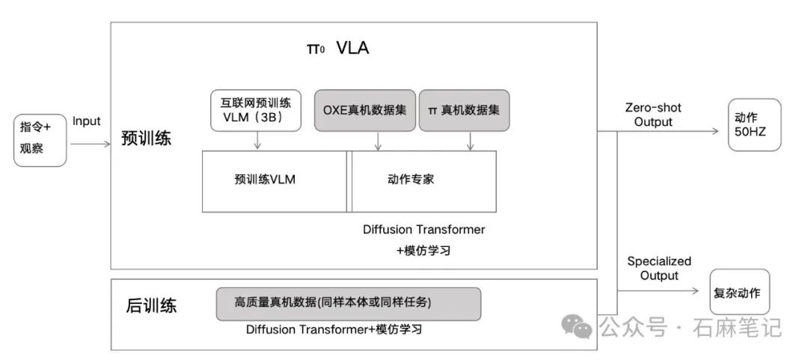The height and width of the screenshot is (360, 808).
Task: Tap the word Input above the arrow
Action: tap(87, 120)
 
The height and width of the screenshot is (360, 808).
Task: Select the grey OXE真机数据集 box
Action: tap(364, 110)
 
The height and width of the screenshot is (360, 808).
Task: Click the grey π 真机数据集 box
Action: tap(464, 110)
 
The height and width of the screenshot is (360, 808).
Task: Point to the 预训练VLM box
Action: tap(274, 180)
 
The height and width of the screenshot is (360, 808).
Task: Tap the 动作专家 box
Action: tap(423, 180)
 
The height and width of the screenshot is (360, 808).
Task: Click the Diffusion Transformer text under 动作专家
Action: tap(423, 229)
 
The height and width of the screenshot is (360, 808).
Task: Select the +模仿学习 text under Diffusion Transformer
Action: tap(423, 251)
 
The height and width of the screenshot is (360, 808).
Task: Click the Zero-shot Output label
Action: tap(653, 115)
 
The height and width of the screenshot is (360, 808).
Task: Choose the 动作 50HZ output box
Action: tap(754, 126)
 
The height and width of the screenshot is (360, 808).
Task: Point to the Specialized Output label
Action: tap(659, 268)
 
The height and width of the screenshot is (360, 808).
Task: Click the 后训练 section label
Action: tap(152, 305)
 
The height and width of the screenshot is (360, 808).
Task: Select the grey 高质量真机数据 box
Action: tap(348, 303)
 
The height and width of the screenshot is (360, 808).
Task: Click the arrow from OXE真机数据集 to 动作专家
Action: tap(378, 140)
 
